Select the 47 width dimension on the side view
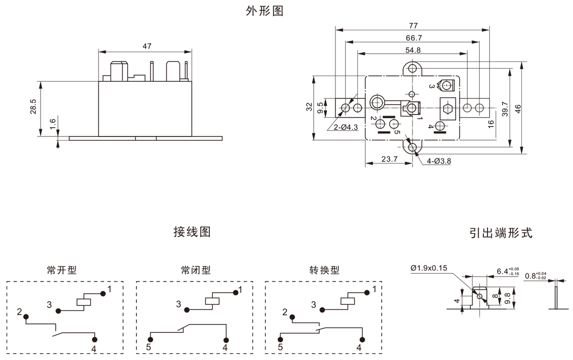point(146,46)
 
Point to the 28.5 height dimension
point(33,106)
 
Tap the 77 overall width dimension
point(413,25)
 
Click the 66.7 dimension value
point(414,38)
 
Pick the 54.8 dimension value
point(413,50)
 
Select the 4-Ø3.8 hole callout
point(439,161)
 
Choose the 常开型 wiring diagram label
point(61,270)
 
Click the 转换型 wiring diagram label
point(324,270)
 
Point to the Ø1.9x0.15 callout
point(429,268)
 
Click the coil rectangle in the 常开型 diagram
point(84,301)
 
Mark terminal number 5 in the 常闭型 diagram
point(149,347)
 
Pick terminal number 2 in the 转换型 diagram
point(285,312)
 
